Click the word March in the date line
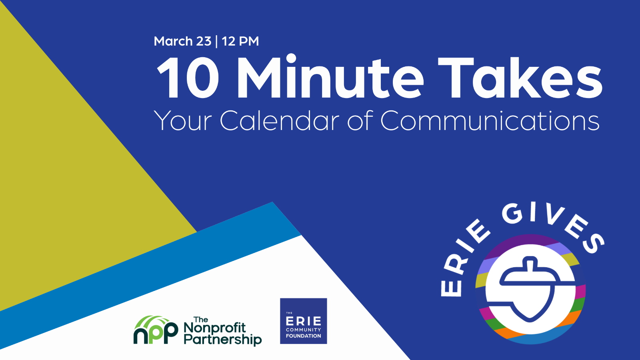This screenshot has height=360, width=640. [x=173, y=41]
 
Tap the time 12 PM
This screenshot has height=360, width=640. [x=240, y=41]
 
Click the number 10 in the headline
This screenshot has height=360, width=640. [x=188, y=78]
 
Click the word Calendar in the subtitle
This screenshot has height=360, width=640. [x=280, y=121]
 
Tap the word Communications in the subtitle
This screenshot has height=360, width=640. [x=490, y=121]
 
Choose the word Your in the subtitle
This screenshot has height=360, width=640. [x=183, y=121]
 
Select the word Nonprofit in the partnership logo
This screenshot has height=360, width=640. [x=215, y=328]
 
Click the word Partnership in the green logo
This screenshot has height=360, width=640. [x=222, y=340]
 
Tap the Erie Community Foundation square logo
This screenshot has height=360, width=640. [x=304, y=321]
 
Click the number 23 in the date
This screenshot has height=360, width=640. [x=204, y=41]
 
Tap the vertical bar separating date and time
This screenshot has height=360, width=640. [x=216, y=42]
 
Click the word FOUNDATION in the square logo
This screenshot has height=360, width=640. [x=304, y=336]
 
